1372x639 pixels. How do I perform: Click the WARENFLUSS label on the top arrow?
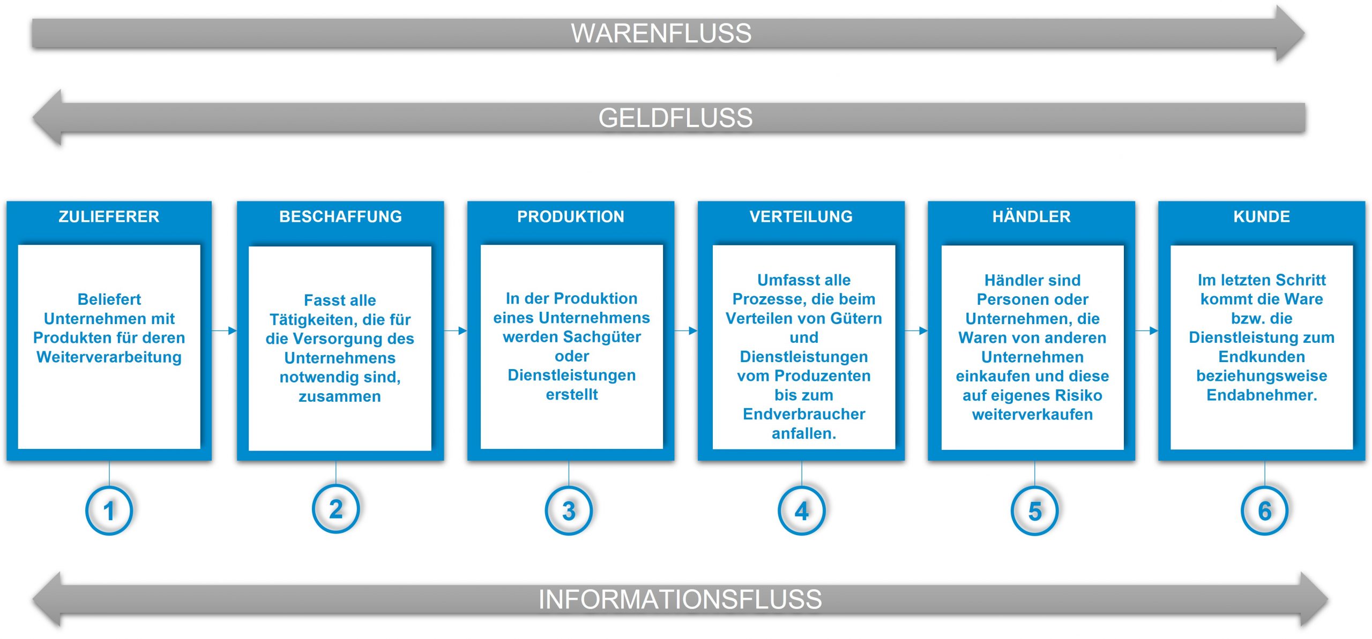tap(661, 33)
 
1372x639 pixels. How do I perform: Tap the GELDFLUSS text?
tap(675, 118)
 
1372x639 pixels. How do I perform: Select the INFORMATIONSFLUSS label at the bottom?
tap(680, 599)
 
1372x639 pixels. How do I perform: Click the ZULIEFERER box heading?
tap(109, 216)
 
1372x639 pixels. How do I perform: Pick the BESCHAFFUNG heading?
tap(340, 216)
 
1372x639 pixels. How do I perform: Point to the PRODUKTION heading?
tap(570, 216)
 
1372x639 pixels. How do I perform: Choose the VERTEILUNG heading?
tap(801, 216)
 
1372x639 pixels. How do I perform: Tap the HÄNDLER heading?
tap(1031, 216)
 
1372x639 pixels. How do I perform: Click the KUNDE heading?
tap(1262, 216)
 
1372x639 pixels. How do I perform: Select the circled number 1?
tap(109, 510)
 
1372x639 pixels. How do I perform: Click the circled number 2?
tap(336, 509)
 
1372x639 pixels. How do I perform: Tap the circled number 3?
tap(569, 510)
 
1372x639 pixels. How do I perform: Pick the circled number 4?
tap(802, 510)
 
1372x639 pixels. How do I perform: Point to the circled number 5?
tap(1035, 510)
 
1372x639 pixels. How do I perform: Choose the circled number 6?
tap(1265, 510)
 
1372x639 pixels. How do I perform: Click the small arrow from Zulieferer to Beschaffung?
tap(225, 330)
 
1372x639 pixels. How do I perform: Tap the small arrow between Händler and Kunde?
tap(1147, 330)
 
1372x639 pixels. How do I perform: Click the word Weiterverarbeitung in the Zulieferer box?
tap(109, 357)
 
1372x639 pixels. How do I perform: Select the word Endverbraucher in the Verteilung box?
tap(804, 414)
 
